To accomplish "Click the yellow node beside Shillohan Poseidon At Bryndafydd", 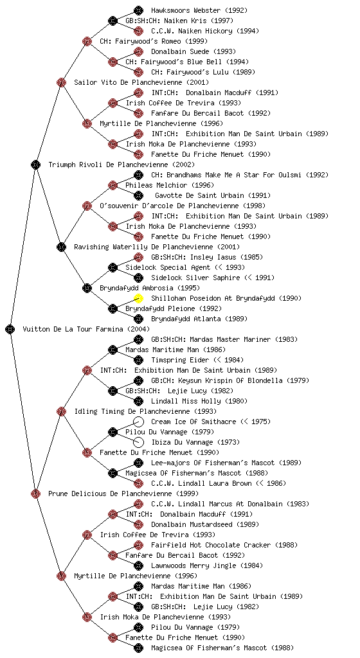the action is pyautogui.click(x=138, y=298).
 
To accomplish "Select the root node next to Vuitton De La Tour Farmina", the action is pyautogui.click(x=10, y=329).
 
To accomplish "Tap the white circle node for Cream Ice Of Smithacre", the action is pyautogui.click(x=138, y=422).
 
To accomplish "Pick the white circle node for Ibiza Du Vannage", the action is pyautogui.click(x=138, y=442).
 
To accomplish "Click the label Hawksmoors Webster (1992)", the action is pyautogui.click(x=199, y=10).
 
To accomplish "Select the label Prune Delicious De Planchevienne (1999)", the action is pyautogui.click(x=123, y=493).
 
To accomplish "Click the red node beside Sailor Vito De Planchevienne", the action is pyautogui.click(x=61, y=82).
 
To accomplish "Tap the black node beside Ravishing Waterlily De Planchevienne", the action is pyautogui.click(x=61, y=247).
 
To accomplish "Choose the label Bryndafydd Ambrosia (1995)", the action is pyautogui.click(x=150, y=288).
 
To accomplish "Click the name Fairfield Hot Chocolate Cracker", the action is pyautogui.click(x=211, y=545).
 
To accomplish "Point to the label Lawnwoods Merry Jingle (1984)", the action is pyautogui.click(x=207, y=565).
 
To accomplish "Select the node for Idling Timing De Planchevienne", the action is pyautogui.click(x=61, y=411).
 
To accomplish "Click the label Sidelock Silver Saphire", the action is pyautogui.click(x=195, y=278).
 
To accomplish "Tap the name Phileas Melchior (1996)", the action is pyautogui.click(x=170, y=185).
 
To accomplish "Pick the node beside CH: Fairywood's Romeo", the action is pyautogui.click(x=87, y=41).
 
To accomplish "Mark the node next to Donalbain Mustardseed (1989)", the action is pyautogui.click(x=138, y=524).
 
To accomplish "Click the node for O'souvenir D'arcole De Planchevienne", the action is pyautogui.click(x=87, y=206).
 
